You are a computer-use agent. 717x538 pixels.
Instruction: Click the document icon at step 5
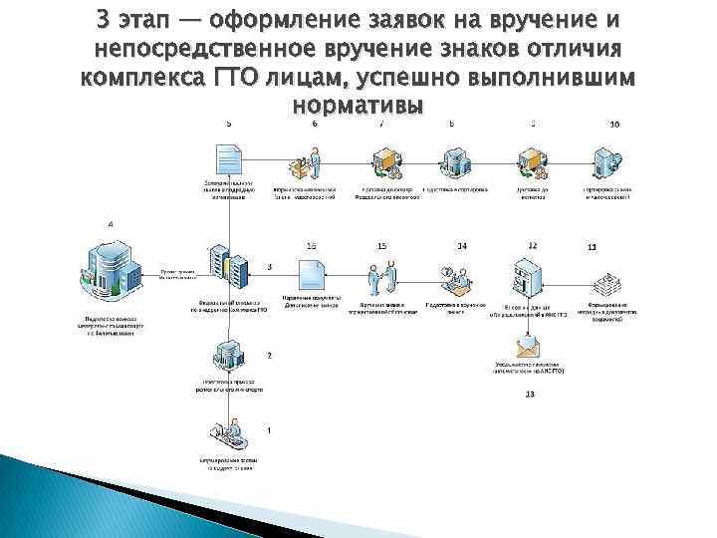[x=228, y=159]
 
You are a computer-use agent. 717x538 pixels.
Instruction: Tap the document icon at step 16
[x=311, y=275]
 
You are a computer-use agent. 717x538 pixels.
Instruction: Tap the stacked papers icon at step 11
[x=603, y=278]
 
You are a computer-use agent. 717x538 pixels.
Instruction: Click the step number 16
[x=312, y=245]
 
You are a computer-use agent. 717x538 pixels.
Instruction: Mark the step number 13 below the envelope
[x=529, y=396]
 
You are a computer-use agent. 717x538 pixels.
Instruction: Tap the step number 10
[x=613, y=125]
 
